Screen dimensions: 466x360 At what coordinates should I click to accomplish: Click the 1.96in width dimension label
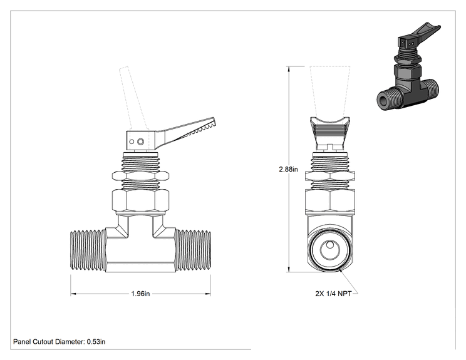[x=140, y=294]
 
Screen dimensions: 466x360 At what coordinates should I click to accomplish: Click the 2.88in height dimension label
[x=288, y=169]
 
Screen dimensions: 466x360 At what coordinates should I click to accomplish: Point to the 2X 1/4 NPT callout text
[x=333, y=294]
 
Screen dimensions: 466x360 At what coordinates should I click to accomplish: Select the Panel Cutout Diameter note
[x=59, y=342]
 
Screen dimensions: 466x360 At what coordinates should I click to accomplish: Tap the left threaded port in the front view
[x=88, y=250]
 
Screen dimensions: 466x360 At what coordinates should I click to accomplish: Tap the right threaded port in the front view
[x=193, y=250]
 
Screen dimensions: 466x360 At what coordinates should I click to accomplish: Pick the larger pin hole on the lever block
[x=141, y=141]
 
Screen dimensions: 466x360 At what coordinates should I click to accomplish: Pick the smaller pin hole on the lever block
[x=132, y=141]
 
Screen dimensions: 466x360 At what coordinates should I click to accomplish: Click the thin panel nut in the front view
[x=140, y=176]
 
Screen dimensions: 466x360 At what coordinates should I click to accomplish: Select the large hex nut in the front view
[x=140, y=201]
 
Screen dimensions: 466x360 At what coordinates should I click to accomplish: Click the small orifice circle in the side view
[x=329, y=245]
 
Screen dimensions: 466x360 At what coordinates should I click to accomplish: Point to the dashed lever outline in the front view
[x=133, y=98]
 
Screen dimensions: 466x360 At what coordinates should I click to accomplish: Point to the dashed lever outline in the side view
[x=330, y=92]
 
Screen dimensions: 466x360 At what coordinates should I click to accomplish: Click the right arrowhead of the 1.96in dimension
[x=208, y=294]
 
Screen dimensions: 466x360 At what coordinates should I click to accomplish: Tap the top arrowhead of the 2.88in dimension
[x=288, y=69]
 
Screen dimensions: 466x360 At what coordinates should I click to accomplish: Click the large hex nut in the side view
[x=330, y=201]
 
